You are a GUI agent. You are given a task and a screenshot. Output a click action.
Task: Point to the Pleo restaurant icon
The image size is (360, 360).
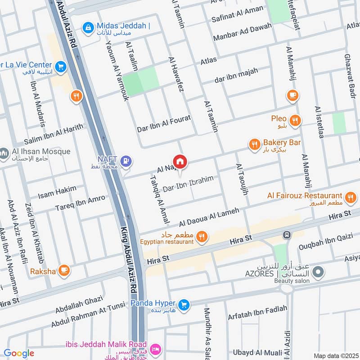tap(295, 120)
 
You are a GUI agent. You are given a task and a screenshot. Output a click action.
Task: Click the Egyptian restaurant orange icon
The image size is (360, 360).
tap(202, 237)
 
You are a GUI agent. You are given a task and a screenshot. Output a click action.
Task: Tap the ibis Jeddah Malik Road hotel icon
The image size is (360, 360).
tap(155, 349)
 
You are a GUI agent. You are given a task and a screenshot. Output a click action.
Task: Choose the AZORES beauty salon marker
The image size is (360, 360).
tap(318, 272)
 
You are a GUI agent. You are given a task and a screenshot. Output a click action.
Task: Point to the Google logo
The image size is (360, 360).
tap(19, 354)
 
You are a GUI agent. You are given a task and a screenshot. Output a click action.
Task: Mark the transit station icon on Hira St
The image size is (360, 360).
tap(286, 235)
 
